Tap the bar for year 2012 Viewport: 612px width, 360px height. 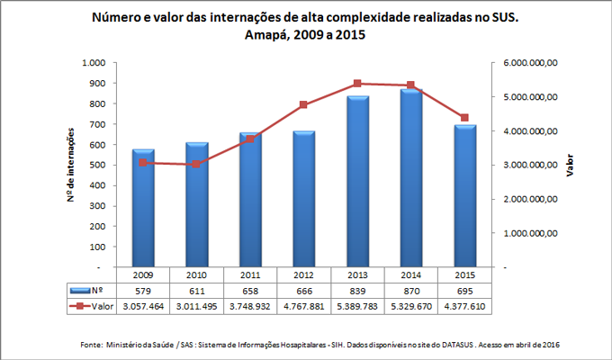[304, 199]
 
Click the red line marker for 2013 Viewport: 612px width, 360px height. [357, 84]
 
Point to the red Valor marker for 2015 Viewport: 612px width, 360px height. [464, 118]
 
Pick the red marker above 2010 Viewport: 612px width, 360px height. [197, 165]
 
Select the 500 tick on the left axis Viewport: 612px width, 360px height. [97, 166]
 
